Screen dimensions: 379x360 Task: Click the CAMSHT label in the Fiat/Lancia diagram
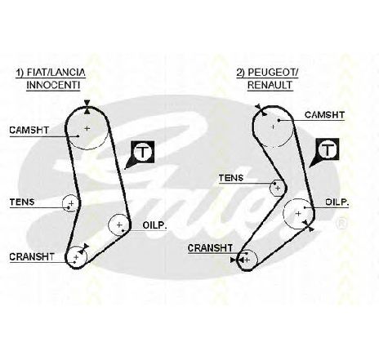[x=29, y=130]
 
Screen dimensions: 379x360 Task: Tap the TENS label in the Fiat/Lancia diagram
[x=22, y=202]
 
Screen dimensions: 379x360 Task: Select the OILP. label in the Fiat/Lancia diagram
[x=154, y=225]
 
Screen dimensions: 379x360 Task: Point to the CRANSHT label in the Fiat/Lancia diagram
[x=32, y=256]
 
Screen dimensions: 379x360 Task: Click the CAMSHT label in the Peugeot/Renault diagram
[x=324, y=115]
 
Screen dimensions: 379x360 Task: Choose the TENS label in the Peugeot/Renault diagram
[x=231, y=178]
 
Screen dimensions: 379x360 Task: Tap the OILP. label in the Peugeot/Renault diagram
[x=337, y=202]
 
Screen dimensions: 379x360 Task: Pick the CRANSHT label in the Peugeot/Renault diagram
[x=210, y=248]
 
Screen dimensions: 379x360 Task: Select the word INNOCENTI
[x=53, y=85]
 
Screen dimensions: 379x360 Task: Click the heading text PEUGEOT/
[x=274, y=73]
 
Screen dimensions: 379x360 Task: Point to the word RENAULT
[x=270, y=85]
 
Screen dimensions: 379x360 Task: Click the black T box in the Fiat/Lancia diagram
[x=143, y=152]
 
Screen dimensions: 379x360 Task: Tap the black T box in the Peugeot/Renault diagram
[x=328, y=149]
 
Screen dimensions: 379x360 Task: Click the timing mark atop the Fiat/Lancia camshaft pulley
[x=87, y=107]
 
